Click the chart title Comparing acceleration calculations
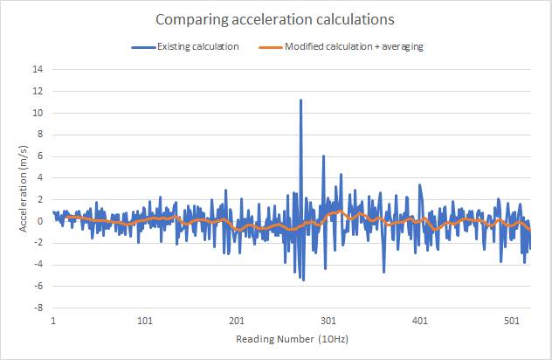tap(276, 18)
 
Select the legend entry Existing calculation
tap(197, 46)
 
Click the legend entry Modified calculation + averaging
tap(354, 46)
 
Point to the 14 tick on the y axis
tap(38, 69)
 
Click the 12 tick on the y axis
tap(38, 91)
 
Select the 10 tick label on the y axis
tap(38, 113)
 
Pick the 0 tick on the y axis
tap(41, 221)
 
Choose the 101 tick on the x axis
tap(145, 320)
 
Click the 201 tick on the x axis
tap(237, 320)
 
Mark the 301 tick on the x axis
tap(328, 320)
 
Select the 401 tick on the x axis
tap(420, 320)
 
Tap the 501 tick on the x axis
tap(512, 320)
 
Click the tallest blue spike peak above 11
tap(300, 100)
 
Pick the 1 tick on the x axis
tap(53, 320)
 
